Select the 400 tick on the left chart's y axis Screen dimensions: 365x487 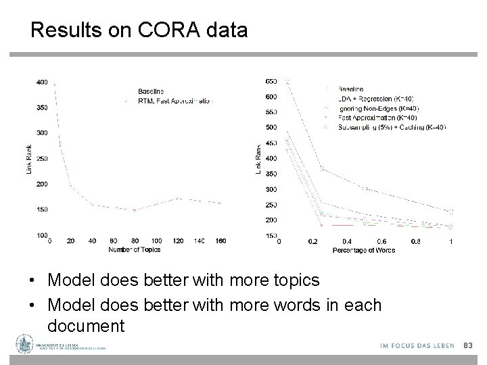click(41, 82)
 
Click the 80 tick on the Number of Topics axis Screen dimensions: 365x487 click(135, 241)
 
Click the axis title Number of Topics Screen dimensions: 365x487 click(135, 249)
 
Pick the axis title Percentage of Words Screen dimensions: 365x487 click(364, 250)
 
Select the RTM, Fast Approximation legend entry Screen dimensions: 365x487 click(175, 100)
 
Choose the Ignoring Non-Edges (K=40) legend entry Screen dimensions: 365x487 click(378, 108)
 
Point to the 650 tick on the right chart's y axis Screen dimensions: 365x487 click(271, 80)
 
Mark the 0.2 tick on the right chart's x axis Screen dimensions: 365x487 click(312, 241)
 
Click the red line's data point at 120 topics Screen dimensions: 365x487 click(177, 198)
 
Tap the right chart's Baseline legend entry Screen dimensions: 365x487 click(350, 89)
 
